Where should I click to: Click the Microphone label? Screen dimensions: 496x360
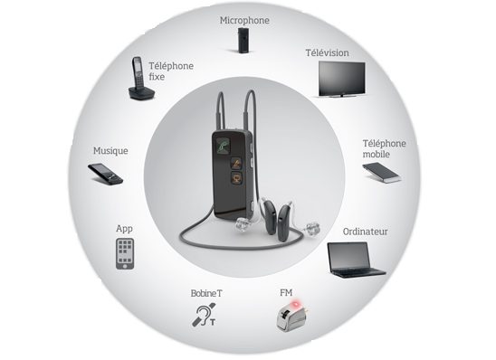pyautogui.click(x=244, y=21)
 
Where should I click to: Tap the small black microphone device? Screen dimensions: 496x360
pyautogui.click(x=243, y=40)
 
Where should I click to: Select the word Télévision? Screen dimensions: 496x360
pyautogui.click(x=327, y=52)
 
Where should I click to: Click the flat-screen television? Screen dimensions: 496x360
pyautogui.click(x=341, y=79)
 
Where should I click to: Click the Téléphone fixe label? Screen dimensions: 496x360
pyautogui.click(x=171, y=71)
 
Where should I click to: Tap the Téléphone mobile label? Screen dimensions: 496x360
pyautogui.click(x=384, y=149)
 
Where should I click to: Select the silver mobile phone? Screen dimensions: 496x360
pyautogui.click(x=382, y=173)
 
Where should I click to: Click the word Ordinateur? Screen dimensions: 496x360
pyautogui.click(x=365, y=232)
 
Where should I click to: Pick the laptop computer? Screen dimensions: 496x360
pyautogui.click(x=355, y=261)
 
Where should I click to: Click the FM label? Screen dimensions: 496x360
pyautogui.click(x=286, y=293)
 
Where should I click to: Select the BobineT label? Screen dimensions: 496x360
pyautogui.click(x=206, y=293)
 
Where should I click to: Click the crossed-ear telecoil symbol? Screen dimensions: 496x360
pyautogui.click(x=205, y=315)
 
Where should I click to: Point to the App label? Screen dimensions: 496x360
pyautogui.click(x=124, y=229)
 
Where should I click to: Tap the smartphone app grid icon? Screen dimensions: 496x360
pyautogui.click(x=125, y=254)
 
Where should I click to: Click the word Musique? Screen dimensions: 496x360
pyautogui.click(x=110, y=151)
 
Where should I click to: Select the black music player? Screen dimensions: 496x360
pyautogui.click(x=105, y=175)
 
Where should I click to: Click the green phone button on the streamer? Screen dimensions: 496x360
pyautogui.click(x=224, y=146)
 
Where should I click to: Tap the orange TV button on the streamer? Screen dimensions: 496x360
pyautogui.click(x=236, y=178)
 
